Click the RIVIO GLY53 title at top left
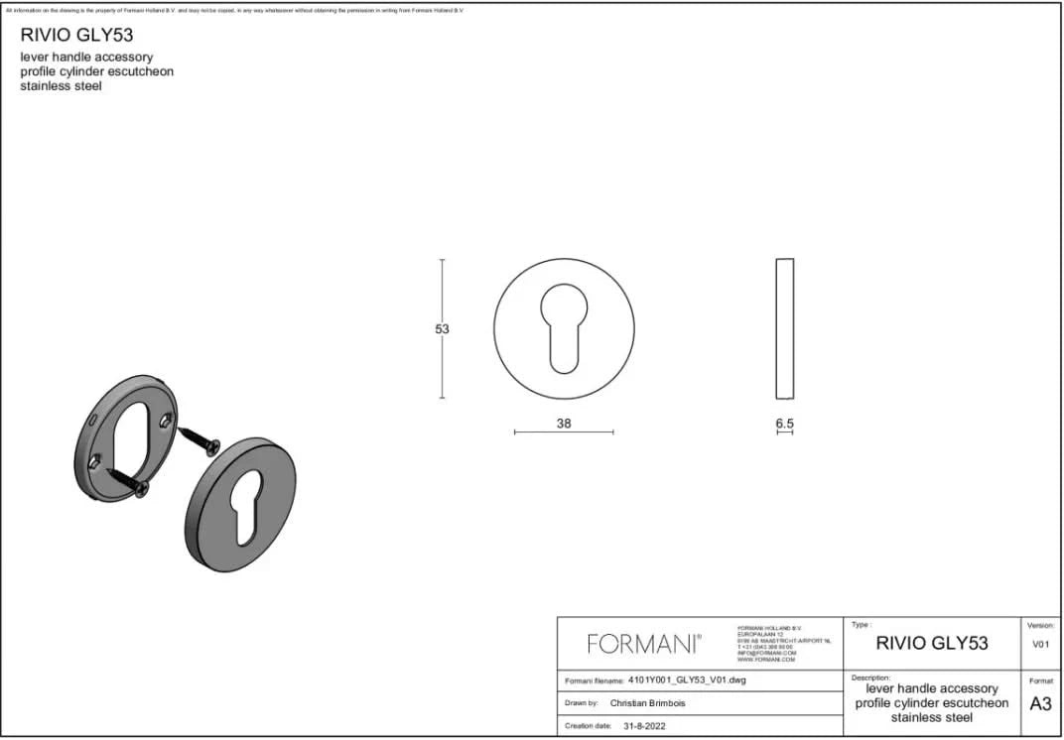tap(76, 36)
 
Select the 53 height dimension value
tap(443, 329)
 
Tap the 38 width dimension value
tap(564, 424)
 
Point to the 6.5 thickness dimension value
tap(784, 424)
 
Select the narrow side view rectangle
tap(784, 328)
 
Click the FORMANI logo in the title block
tap(644, 644)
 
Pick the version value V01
tap(1040, 644)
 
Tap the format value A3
tap(1040, 704)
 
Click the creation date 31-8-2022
tap(644, 726)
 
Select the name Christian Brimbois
tap(647, 703)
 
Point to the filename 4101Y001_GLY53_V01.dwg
tap(686, 681)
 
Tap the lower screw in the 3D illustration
tap(126, 481)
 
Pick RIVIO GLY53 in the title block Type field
tap(931, 644)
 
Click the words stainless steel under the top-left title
tap(62, 86)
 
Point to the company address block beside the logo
tap(784, 644)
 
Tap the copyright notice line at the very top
tap(234, 10)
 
